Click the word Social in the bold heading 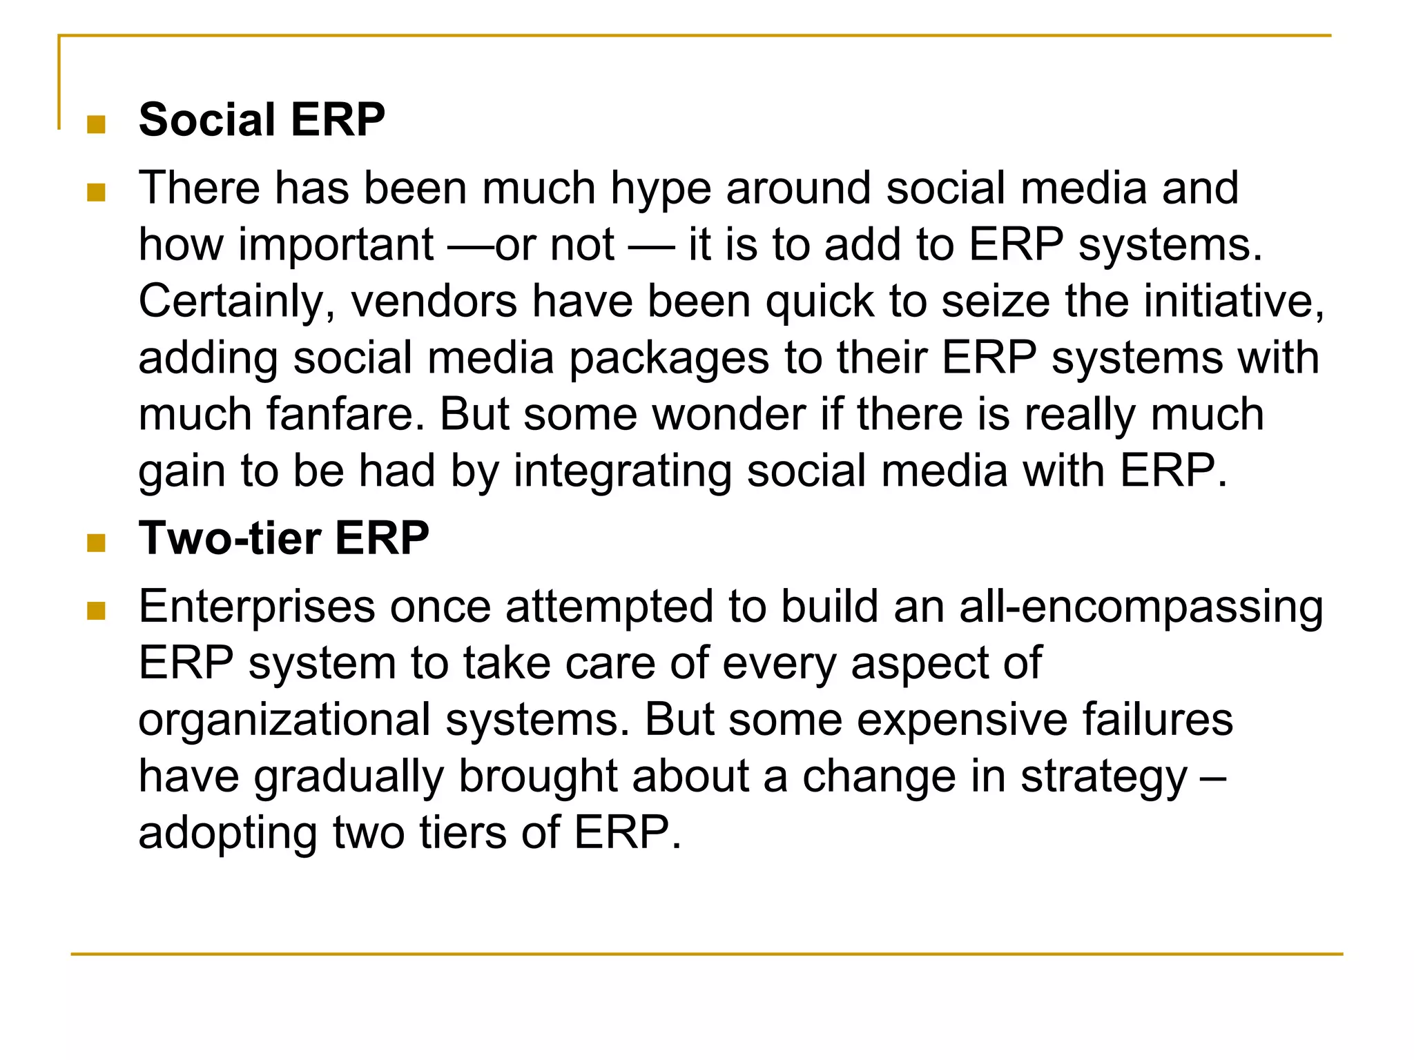point(207,120)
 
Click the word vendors point(434,302)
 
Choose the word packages point(668,359)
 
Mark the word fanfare point(345,415)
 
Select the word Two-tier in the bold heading point(229,538)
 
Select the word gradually point(349,777)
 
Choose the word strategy point(1104,777)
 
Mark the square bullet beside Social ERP point(96,125)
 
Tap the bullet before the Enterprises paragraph point(96,611)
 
